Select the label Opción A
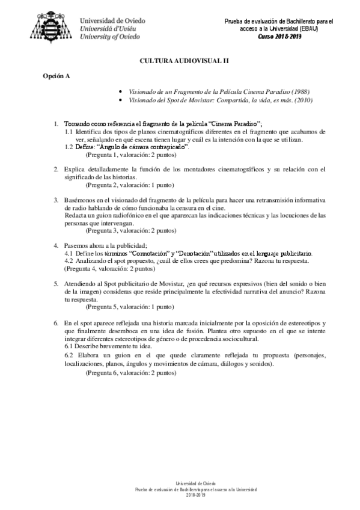coord(56,76)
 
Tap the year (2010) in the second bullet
coord(302,100)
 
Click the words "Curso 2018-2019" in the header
coord(279,37)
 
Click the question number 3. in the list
coord(55,199)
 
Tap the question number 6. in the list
coord(55,323)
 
